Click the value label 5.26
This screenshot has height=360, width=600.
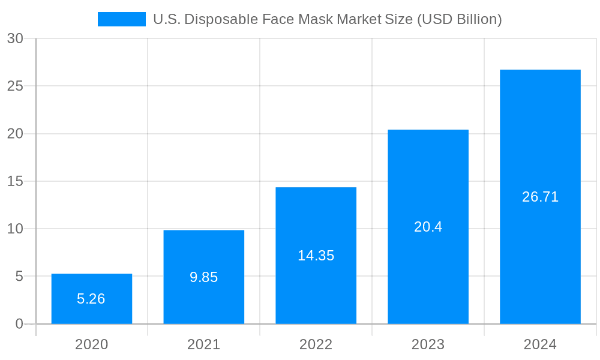click(x=91, y=299)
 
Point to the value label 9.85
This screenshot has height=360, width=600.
click(x=204, y=277)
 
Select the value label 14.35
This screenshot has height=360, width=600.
click(x=316, y=256)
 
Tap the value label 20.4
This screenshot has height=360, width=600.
click(x=428, y=227)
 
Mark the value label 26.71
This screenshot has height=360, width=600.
click(x=540, y=197)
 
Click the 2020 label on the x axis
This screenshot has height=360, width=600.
click(x=92, y=344)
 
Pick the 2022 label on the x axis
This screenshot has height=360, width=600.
click(x=316, y=344)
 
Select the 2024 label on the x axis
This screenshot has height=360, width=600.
click(x=540, y=344)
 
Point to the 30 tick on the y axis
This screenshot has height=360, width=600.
click(x=15, y=38)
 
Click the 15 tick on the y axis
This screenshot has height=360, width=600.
click(x=15, y=181)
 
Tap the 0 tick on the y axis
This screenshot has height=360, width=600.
click(x=19, y=324)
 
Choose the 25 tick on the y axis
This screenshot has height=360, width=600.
click(x=15, y=86)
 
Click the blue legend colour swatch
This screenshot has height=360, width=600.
click(x=122, y=19)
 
